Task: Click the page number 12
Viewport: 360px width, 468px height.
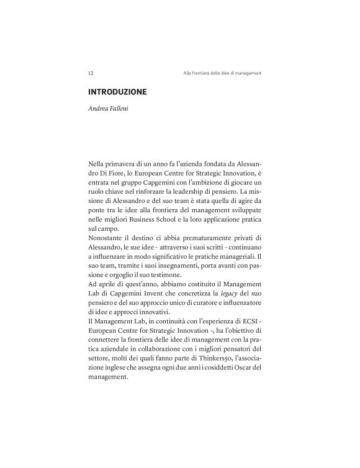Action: coord(91,73)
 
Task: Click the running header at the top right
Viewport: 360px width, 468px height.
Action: coord(222,73)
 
